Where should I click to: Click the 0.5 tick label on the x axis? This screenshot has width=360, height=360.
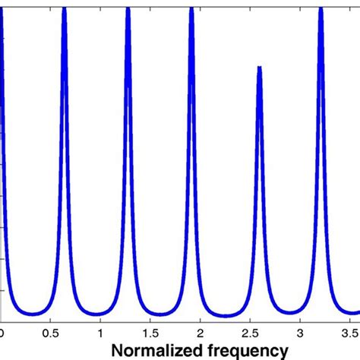[50, 332]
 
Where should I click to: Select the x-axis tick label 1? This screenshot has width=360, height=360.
[100, 332]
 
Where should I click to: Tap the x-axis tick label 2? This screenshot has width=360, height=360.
[200, 332]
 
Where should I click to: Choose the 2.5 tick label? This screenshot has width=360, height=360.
[249, 332]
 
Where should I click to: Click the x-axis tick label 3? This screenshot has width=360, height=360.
[299, 332]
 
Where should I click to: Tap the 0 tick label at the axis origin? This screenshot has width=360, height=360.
[2, 332]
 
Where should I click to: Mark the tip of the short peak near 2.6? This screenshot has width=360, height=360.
[260, 68]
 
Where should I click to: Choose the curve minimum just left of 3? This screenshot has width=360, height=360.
[290, 312]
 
